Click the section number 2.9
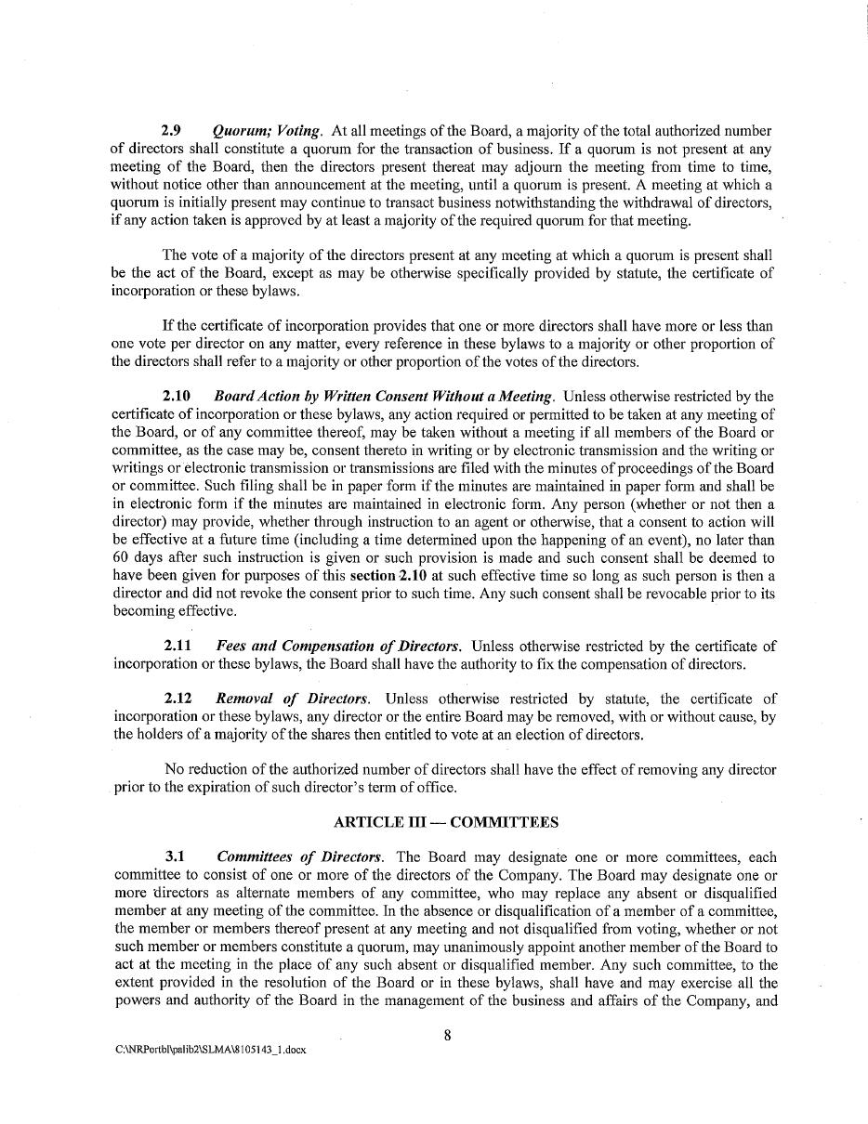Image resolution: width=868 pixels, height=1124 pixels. click(171, 131)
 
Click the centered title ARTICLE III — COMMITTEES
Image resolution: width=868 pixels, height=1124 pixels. click(446, 823)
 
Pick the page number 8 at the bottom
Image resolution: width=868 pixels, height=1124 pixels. click(447, 1036)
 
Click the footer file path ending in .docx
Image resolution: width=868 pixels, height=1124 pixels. click(210, 1050)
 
